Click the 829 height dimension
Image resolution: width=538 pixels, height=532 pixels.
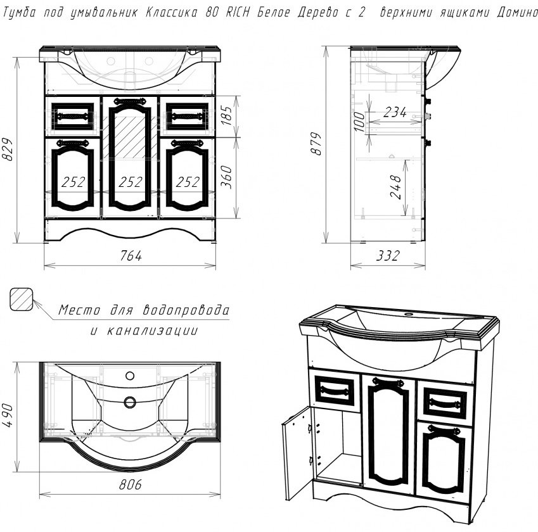(x=8, y=149)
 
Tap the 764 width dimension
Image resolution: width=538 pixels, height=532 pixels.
(x=131, y=255)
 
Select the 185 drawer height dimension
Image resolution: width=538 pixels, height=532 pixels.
(x=226, y=115)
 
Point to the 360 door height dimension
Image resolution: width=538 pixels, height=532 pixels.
(x=226, y=177)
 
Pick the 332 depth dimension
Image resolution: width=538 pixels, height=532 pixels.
(x=388, y=255)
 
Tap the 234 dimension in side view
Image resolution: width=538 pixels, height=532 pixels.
(x=395, y=112)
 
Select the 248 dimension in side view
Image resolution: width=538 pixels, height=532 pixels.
(x=395, y=187)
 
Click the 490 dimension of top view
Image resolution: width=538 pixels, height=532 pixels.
(x=8, y=415)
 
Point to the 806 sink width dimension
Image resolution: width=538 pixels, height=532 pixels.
(x=131, y=484)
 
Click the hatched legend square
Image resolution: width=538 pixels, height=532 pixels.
(x=22, y=300)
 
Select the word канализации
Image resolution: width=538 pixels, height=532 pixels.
(x=152, y=331)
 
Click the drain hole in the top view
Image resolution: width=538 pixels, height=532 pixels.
(x=130, y=402)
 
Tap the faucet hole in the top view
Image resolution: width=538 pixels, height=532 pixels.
(x=130, y=376)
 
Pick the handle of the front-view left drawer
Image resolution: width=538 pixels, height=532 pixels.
(x=73, y=117)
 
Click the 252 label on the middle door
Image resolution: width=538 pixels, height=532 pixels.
(x=131, y=182)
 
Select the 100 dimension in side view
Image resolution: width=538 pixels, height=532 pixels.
(x=359, y=122)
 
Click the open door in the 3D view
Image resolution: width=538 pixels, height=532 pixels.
(x=297, y=453)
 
